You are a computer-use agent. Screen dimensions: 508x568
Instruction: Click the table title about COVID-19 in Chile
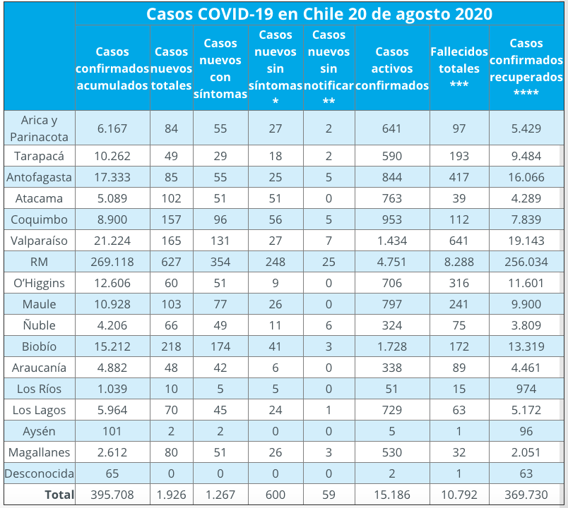pos(319,15)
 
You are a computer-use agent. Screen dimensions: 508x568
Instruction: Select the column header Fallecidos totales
pos(458,68)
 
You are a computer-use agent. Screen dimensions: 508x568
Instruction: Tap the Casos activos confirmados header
pos(392,68)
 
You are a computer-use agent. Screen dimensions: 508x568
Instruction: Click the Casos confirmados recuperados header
pos(526,68)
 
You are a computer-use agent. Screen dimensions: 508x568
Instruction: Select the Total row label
pos(59,495)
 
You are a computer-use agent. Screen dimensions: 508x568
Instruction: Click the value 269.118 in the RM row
pos(112,262)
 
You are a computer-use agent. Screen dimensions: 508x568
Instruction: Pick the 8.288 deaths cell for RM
pos(459,262)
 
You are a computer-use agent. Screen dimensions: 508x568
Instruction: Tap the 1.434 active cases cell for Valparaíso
pos(392,241)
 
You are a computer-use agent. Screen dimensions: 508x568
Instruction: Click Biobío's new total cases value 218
pos(171,346)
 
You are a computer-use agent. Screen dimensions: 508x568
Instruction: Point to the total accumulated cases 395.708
pos(112,495)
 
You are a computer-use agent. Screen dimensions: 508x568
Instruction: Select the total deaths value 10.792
pos(459,495)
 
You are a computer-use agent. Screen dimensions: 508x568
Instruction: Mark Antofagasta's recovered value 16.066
pos(526,177)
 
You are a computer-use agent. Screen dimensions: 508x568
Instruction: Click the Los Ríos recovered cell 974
pos(526,389)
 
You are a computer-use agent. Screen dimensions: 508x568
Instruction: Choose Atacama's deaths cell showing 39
pos(459,198)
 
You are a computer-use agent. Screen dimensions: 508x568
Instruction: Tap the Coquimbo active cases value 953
pos(392,219)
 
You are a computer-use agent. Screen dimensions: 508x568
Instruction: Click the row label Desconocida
pos(40,473)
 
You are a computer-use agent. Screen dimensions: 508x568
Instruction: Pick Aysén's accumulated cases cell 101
pos(112,431)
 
